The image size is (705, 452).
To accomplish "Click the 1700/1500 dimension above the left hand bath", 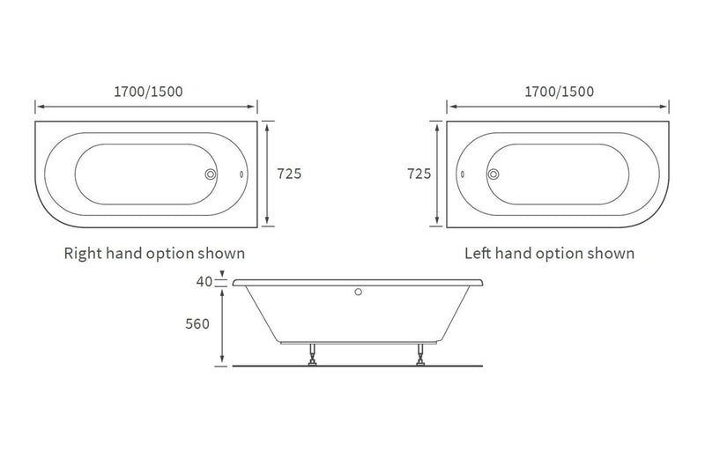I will [558, 92].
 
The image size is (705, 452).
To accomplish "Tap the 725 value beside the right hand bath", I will [289, 174].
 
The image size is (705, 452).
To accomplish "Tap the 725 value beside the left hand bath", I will [418, 174].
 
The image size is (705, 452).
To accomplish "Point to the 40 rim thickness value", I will [203, 283].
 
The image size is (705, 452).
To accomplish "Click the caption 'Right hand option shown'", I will [154, 254].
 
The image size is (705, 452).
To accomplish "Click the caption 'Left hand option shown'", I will [550, 254].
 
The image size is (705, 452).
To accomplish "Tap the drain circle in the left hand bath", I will [493, 174].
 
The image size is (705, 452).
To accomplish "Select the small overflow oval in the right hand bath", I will [241, 174].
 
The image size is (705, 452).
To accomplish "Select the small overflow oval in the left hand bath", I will [463, 174].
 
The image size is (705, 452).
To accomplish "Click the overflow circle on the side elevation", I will [359, 291].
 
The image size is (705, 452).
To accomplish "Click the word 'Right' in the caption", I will [84, 254].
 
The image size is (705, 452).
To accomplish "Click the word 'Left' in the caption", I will [480, 254].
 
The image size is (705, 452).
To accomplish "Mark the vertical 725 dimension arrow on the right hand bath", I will [270, 174].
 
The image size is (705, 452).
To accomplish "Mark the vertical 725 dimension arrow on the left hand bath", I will [438, 174].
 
